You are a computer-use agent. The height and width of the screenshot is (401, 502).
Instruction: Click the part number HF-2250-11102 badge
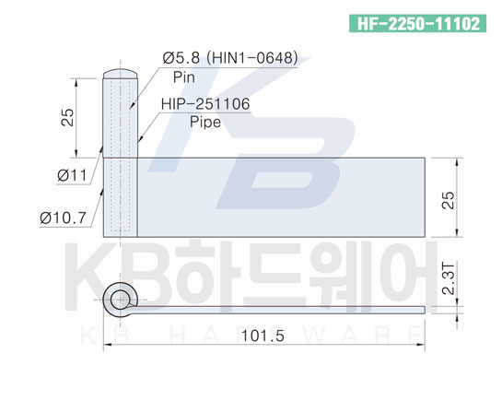pos(417,23)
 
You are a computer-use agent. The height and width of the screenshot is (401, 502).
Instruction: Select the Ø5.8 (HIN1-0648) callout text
pos(230,58)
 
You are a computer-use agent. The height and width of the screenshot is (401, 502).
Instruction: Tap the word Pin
pos(184,77)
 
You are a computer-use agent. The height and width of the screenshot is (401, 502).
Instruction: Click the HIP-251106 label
pos(205,104)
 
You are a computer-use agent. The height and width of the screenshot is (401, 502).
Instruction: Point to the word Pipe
pos(205,123)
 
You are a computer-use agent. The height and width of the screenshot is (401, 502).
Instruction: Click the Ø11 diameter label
pos(72,175)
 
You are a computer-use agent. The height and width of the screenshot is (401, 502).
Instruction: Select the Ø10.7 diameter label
pos(63,218)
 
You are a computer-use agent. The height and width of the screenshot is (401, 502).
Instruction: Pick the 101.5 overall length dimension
pos(263,336)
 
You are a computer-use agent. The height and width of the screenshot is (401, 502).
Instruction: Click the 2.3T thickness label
pos(449,278)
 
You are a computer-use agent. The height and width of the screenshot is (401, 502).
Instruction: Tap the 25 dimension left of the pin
pos(68,118)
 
